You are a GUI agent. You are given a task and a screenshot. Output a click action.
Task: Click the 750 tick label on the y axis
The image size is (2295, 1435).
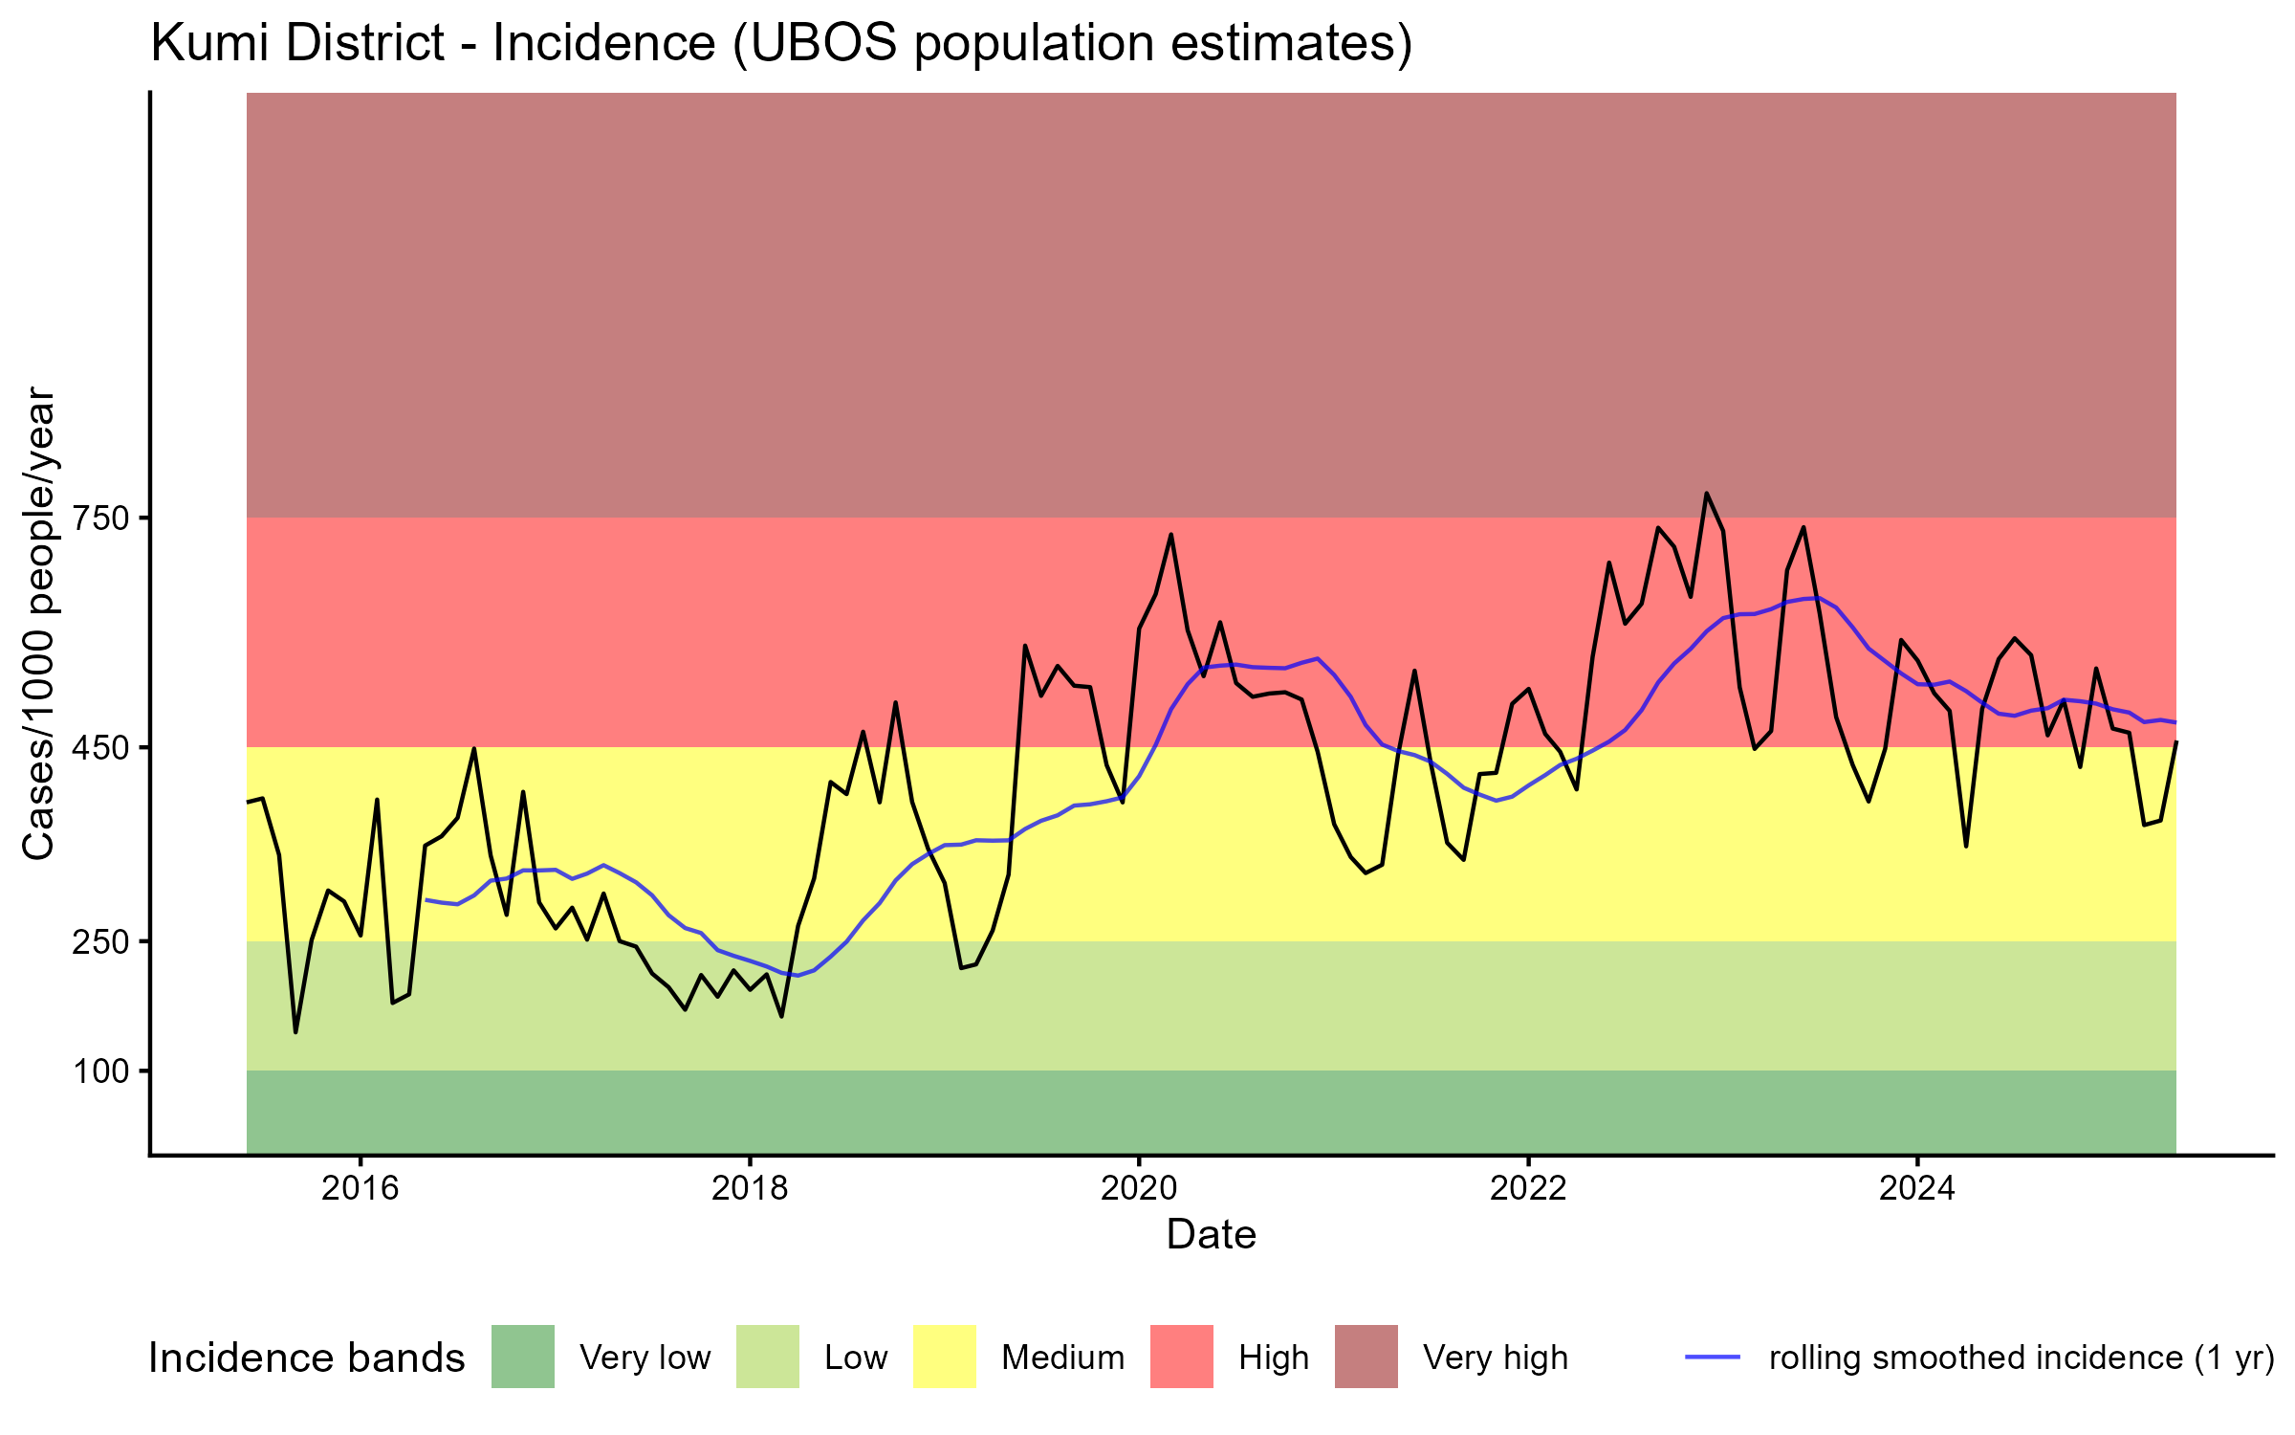102,519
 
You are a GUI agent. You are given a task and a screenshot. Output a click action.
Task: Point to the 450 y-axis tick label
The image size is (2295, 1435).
102,747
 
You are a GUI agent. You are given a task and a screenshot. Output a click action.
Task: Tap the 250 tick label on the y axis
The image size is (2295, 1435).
102,941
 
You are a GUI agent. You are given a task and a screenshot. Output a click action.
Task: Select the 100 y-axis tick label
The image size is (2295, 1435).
102,1071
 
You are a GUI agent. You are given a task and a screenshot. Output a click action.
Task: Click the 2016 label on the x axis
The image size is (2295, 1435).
360,1188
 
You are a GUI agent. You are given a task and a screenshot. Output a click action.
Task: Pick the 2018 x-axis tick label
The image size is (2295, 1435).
750,1188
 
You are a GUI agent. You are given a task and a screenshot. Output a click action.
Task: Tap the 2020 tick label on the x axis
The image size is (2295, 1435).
1139,1188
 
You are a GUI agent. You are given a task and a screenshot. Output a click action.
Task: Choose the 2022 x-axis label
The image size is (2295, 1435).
1528,1188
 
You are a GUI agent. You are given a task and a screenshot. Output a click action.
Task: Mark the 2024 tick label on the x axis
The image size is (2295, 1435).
1917,1188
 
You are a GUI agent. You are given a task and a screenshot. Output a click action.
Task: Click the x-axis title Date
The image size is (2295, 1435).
1211,1235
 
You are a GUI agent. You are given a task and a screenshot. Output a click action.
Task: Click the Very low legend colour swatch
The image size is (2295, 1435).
523,1357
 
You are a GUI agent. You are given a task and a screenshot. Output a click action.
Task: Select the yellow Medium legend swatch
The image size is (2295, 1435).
945,1357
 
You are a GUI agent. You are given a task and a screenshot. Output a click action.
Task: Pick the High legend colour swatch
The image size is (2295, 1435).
1182,1357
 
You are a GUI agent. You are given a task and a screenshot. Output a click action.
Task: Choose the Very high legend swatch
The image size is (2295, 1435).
1366,1357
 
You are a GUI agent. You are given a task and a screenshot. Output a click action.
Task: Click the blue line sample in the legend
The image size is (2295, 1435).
1712,1357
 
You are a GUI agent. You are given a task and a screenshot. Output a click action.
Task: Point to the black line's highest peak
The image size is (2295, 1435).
1706,494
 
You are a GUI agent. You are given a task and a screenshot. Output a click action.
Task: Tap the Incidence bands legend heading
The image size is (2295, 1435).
307,1358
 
